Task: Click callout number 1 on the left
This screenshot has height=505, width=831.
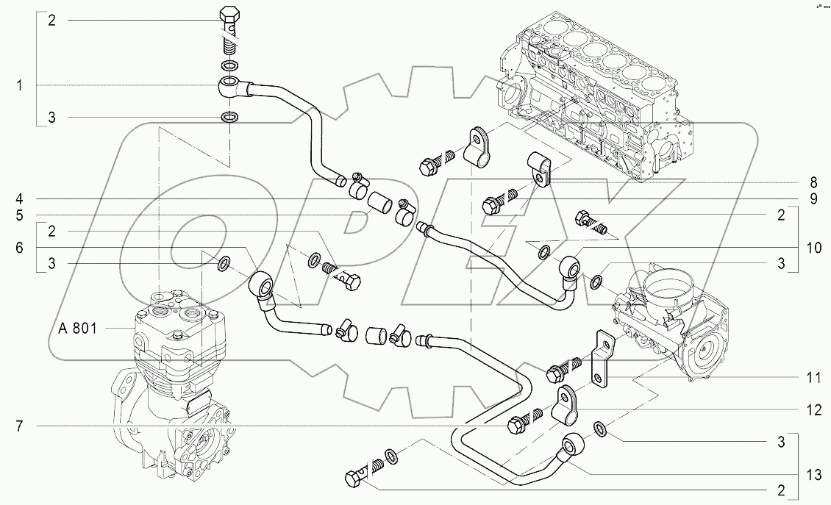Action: (x=21, y=86)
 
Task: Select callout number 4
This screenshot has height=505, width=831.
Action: (x=21, y=198)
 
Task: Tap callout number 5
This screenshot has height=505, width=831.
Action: (x=21, y=215)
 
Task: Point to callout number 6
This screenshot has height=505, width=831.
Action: (x=21, y=248)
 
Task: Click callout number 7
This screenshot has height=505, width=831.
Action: (x=21, y=426)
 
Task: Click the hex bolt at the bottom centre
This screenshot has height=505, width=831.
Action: (x=354, y=478)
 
